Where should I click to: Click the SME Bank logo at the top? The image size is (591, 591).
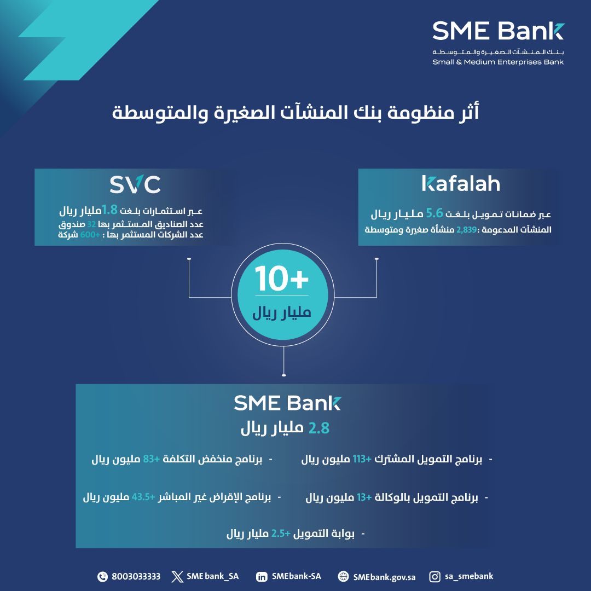498,43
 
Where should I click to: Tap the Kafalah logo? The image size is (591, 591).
461,183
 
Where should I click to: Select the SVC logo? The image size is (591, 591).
135,185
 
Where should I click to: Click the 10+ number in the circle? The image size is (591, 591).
282,279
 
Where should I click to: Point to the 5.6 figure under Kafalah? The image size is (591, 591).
434,213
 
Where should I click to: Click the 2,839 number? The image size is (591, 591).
467,229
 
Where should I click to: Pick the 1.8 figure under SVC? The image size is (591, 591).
109,210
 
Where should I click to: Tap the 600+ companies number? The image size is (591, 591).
90,235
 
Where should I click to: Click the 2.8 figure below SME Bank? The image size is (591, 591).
319,428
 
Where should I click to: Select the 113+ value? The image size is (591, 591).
362,459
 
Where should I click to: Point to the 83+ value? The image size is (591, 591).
152,459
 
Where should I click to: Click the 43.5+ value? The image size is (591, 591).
143,497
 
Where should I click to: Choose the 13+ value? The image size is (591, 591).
364,497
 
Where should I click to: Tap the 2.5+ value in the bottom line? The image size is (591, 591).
281,534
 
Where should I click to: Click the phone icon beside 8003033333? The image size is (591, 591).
102,577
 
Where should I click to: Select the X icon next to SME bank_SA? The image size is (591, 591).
177,577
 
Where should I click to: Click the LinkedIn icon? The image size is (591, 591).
262,577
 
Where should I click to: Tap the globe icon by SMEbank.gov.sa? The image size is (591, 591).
343,577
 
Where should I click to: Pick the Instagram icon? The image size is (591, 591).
434,577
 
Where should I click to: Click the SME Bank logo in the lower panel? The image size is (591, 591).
287,403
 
